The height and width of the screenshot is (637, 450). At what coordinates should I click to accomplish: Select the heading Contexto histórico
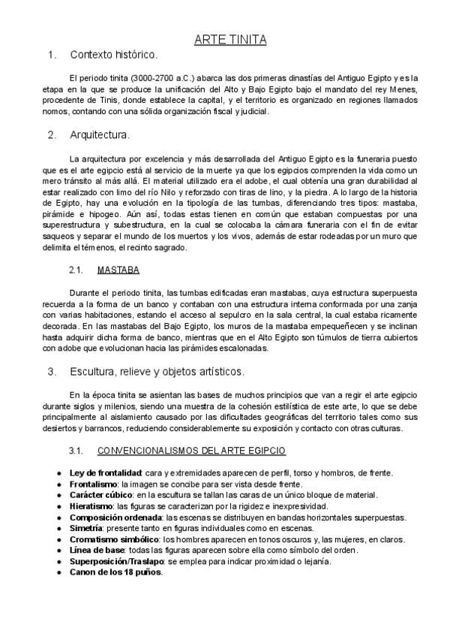[113, 55]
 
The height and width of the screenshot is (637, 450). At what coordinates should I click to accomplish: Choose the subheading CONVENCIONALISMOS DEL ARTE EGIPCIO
[191, 451]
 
